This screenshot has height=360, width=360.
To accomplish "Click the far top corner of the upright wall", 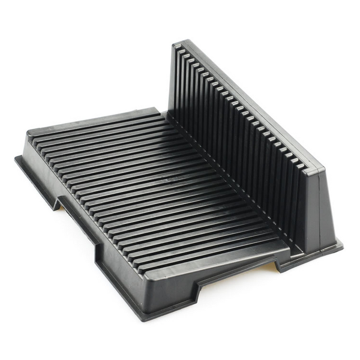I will pyautogui.click(x=176, y=43).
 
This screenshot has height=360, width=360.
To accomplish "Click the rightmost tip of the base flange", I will pyautogui.click(x=343, y=245).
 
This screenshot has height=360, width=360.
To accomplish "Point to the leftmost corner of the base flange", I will pyautogui.click(x=16, y=158).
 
